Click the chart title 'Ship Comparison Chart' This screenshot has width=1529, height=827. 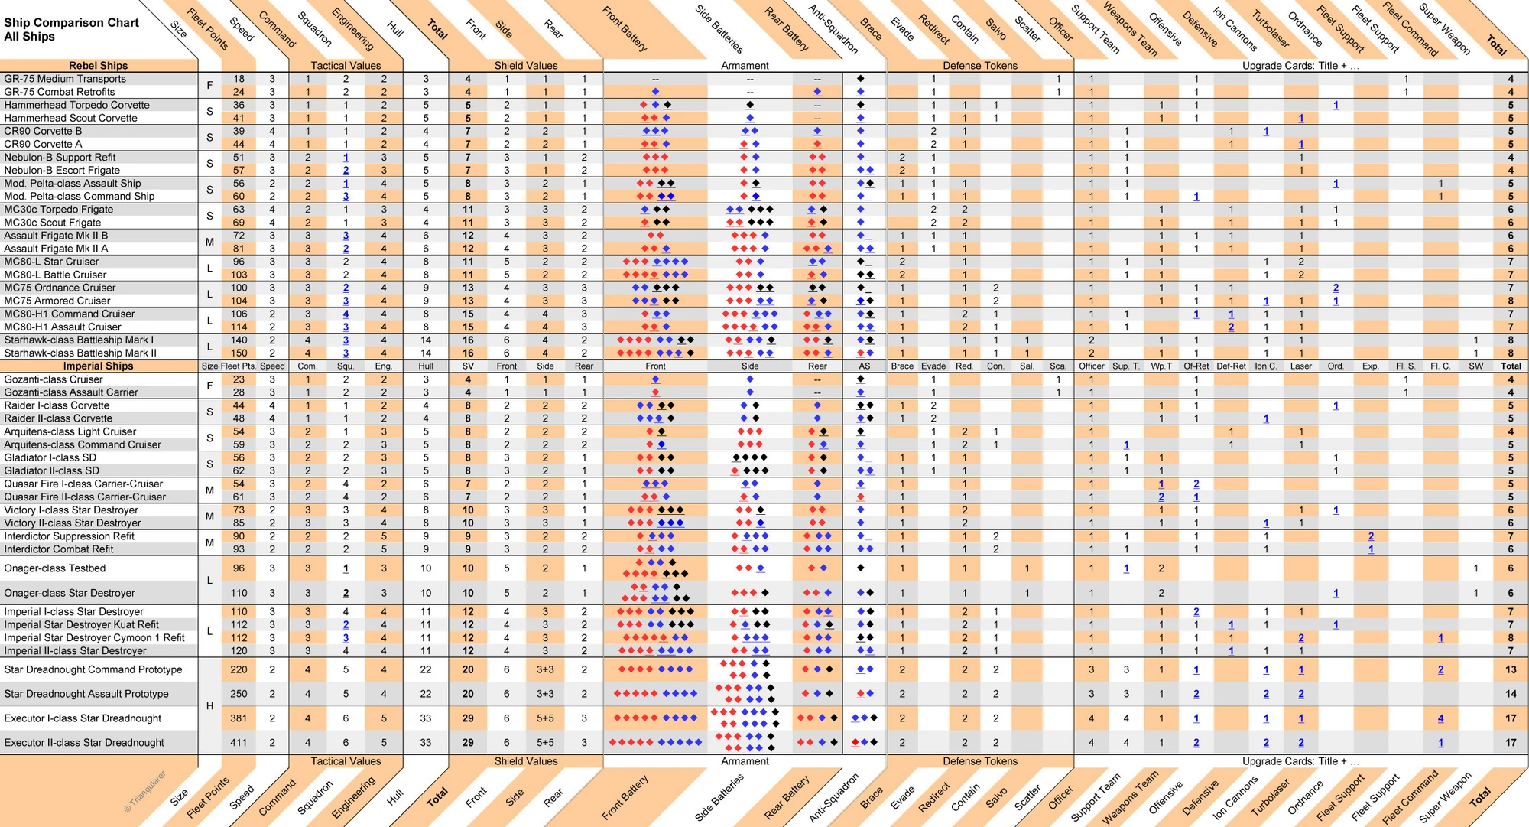tap(71, 23)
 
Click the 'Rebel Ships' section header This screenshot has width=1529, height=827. tap(99, 66)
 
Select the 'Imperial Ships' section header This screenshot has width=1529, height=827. tap(99, 366)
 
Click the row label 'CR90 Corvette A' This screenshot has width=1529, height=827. tap(43, 144)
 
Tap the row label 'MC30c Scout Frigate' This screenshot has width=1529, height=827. tap(52, 223)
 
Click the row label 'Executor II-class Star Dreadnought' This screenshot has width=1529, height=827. tap(84, 743)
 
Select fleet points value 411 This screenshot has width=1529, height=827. tap(239, 743)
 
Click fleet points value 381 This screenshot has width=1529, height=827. tap(239, 718)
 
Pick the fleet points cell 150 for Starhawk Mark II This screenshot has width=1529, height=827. tap(239, 353)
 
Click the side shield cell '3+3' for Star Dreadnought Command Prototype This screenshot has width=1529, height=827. tap(545, 669)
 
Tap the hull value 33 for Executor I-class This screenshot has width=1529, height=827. tap(426, 718)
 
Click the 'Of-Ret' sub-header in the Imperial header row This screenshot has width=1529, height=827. tap(1196, 366)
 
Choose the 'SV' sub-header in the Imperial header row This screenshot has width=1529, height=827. tap(468, 366)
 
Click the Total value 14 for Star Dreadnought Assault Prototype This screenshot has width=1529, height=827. tap(1510, 694)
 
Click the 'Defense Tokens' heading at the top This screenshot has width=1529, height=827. tap(980, 66)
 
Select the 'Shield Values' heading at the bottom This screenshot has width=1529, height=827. tap(526, 761)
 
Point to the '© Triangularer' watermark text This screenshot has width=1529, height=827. tap(144, 792)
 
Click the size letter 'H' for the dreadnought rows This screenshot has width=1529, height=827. tap(209, 706)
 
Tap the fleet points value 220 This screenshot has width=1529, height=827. tap(239, 669)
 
